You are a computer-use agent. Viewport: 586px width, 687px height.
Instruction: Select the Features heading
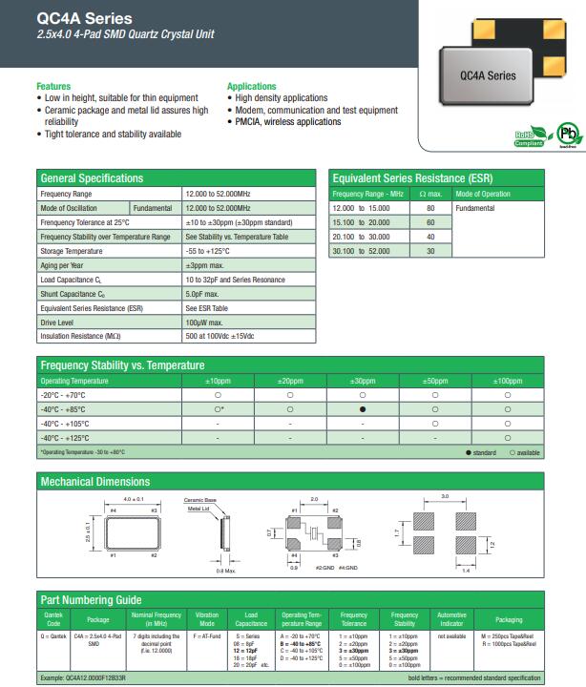click(53, 86)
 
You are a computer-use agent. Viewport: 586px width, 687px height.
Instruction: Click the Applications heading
click(252, 86)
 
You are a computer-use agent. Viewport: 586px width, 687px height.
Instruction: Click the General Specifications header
click(92, 178)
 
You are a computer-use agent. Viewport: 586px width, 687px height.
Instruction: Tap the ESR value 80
click(430, 207)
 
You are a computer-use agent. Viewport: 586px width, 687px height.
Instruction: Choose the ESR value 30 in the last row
click(430, 251)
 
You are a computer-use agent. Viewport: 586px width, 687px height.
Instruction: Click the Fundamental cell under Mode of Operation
click(475, 207)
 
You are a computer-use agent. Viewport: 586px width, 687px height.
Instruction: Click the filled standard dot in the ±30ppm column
click(363, 408)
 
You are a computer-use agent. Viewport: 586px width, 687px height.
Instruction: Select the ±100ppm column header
click(507, 381)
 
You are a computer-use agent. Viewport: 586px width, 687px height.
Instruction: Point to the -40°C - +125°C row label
click(65, 437)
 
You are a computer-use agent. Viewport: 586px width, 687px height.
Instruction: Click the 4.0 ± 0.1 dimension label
click(134, 499)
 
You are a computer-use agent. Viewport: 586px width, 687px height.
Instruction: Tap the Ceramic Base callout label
click(201, 500)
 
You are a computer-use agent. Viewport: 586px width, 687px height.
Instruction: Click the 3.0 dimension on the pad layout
click(444, 496)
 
